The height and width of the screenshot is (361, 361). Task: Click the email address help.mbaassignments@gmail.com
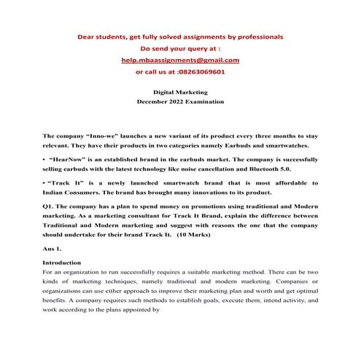(x=180, y=61)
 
